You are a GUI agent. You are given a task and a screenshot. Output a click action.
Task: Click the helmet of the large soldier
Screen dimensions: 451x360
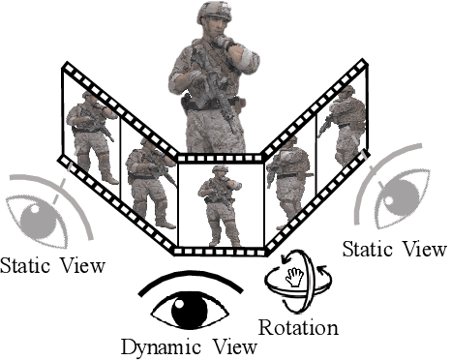point(212,13)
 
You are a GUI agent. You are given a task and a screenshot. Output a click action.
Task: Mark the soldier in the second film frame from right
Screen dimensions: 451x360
point(287,174)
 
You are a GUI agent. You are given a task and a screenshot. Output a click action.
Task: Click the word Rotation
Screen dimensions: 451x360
point(300,327)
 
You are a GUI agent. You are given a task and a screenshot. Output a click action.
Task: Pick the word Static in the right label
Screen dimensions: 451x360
point(371,250)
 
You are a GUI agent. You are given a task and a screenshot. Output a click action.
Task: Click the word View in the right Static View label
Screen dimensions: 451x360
point(425,250)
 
